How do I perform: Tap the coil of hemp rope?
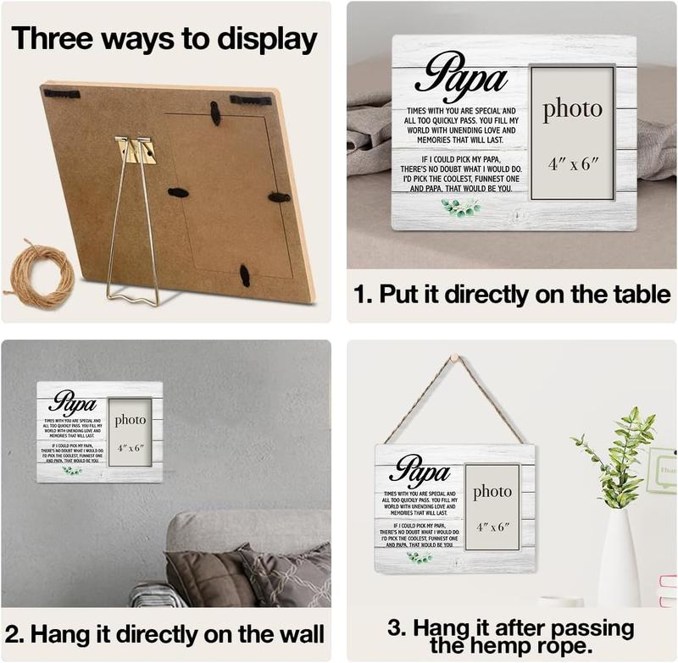(41, 275)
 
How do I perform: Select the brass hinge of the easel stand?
(137, 151)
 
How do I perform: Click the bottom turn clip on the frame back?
(245, 274)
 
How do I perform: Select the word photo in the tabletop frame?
(572, 109)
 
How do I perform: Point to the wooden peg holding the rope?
(452, 359)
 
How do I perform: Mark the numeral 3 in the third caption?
(395, 628)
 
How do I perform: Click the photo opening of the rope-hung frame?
(492, 507)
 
